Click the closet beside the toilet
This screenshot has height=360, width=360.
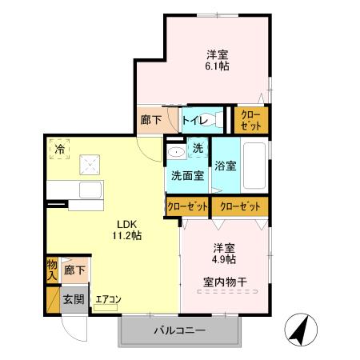[x=250, y=120]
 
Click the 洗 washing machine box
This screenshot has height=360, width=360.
[x=198, y=149]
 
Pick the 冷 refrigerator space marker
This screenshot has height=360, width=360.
[x=58, y=148]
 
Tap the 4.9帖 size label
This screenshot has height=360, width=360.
[x=224, y=259]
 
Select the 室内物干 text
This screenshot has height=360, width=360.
[x=224, y=282]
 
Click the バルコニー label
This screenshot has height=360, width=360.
[x=180, y=330]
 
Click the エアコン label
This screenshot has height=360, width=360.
[x=108, y=300]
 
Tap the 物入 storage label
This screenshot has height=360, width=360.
[x=52, y=268]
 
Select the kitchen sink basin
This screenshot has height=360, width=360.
[x=90, y=191]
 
